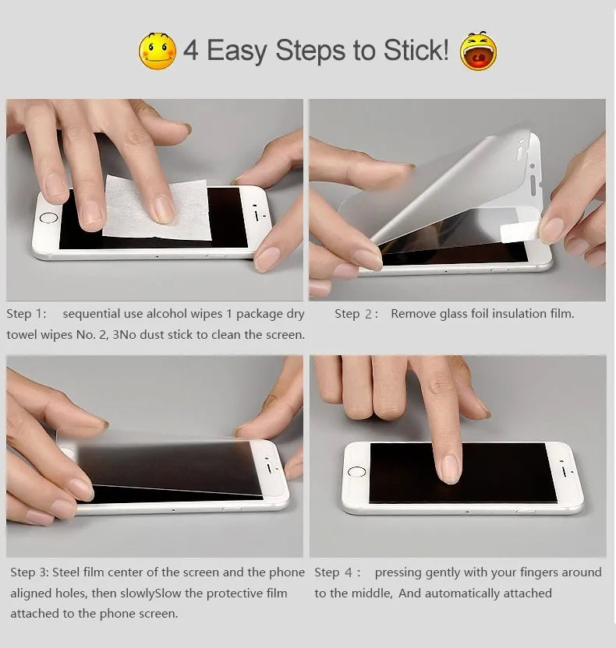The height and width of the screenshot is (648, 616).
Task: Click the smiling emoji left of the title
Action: [158, 51]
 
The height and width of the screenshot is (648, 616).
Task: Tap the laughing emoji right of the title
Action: [478, 51]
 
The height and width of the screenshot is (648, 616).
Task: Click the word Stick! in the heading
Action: [416, 51]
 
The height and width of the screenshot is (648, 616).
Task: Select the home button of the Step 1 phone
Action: [48, 220]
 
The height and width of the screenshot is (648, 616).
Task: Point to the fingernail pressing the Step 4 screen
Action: [450, 468]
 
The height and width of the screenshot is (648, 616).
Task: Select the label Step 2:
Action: [356, 314]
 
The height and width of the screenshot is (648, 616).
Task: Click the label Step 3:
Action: [30, 572]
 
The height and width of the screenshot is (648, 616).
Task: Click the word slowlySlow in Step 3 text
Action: [149, 593]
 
